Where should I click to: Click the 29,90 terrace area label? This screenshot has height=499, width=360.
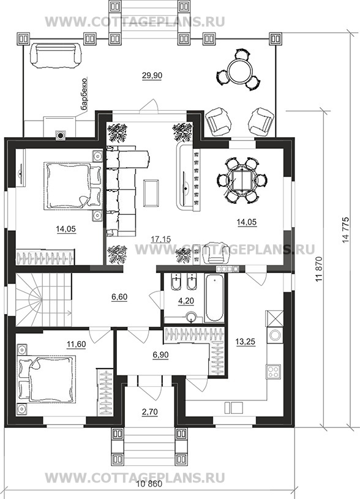[152, 75]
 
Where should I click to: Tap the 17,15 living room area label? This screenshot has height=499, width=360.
[161, 239]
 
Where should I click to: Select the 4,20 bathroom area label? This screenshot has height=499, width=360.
[187, 301]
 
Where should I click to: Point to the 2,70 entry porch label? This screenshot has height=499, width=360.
[150, 412]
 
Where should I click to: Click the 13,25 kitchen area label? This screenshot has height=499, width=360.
[246, 342]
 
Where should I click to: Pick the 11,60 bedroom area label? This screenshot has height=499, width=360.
[77, 343]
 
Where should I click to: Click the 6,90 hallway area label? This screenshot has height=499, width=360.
[160, 355]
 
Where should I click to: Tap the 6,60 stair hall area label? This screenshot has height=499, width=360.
[119, 297]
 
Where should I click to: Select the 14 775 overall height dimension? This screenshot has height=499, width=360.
[346, 230]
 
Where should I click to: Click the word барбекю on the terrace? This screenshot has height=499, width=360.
[84, 96]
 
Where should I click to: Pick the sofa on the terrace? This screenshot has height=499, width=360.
[55, 55]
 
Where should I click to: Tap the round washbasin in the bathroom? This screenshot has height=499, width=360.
[191, 317]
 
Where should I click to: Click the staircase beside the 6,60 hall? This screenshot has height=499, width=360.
[43, 299]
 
